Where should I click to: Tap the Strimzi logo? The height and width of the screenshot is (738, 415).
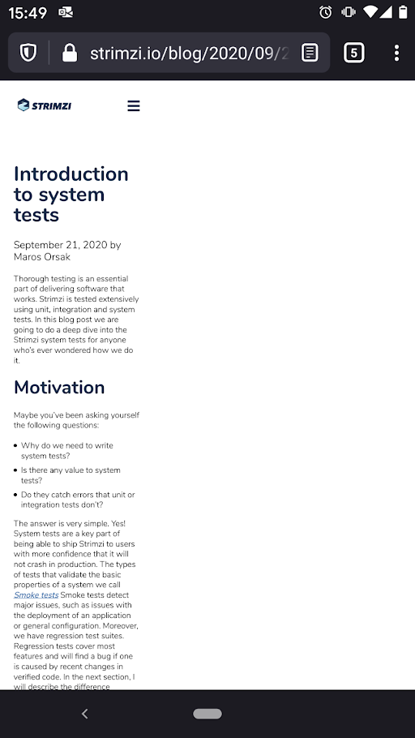click(45, 105)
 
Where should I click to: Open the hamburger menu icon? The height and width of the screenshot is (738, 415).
click(134, 106)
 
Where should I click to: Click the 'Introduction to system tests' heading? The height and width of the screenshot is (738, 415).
click(71, 195)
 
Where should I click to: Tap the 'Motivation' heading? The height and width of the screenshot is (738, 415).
click(59, 387)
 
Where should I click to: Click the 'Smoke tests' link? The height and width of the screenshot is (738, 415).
click(36, 595)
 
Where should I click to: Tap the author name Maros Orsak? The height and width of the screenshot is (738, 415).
click(42, 257)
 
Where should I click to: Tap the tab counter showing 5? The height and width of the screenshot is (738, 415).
click(353, 54)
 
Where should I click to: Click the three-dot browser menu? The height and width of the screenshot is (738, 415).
click(396, 54)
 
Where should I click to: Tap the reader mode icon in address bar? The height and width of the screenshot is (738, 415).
click(310, 54)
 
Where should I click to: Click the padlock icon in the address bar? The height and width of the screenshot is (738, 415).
click(70, 54)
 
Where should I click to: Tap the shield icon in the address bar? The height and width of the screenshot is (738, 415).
click(29, 54)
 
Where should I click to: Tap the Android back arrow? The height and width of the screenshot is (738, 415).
click(84, 714)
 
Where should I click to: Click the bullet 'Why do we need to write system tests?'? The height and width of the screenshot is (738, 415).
click(67, 450)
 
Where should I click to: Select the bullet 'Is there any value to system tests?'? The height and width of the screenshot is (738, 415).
click(71, 475)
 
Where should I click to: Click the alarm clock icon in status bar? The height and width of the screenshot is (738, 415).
click(326, 12)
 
